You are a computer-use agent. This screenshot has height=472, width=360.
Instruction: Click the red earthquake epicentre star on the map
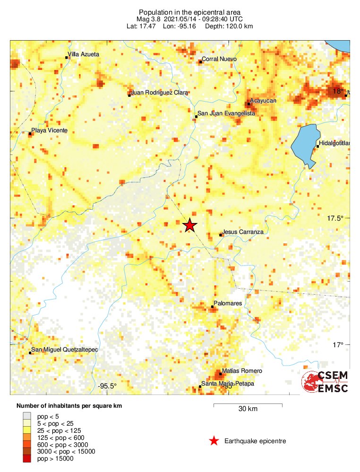pyautogui.click(x=189, y=225)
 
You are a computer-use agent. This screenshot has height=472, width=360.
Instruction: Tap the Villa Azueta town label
pyautogui.click(x=84, y=54)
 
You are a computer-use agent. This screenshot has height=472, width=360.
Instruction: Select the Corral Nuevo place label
pyautogui.click(x=219, y=60)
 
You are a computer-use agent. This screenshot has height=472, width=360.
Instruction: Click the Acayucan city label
pyautogui.click(x=263, y=101)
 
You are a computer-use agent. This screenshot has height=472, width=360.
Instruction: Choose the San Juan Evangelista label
pyautogui.click(x=226, y=114)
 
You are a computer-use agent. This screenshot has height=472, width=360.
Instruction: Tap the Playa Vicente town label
pyautogui.click(x=49, y=130)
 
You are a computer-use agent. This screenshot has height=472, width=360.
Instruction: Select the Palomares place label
pyautogui.click(x=228, y=303)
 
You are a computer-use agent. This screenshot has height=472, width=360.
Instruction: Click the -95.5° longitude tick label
pyautogui.click(x=107, y=386)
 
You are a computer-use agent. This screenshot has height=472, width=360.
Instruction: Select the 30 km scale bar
pyautogui.click(x=248, y=405)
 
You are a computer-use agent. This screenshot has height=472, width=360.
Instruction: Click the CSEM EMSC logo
pyautogui.click(x=325, y=382)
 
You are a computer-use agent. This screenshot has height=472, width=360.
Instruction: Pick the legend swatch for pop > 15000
pyautogui.click(x=27, y=458)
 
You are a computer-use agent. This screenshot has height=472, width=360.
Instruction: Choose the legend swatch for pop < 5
pyautogui.click(x=27, y=416)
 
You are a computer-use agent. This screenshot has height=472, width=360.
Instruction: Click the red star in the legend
pyautogui.click(x=214, y=441)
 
